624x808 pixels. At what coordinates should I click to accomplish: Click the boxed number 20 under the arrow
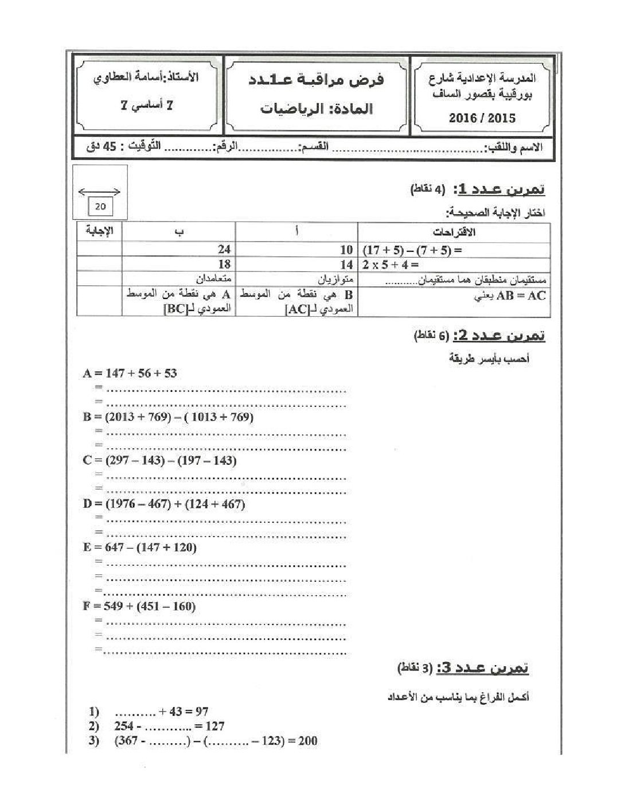(100, 207)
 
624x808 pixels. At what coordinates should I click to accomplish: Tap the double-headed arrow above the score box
(100, 192)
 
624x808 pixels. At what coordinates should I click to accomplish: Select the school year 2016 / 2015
(482, 118)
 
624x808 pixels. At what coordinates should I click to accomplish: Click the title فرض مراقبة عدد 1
(317, 80)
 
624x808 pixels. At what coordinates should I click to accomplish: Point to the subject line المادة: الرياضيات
(317, 108)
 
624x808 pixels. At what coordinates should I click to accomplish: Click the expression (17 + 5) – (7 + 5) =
(412, 250)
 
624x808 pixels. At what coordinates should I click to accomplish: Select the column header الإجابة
(100, 231)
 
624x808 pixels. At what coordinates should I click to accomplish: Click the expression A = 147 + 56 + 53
(130, 373)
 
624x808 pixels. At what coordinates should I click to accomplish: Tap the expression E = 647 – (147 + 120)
(139, 547)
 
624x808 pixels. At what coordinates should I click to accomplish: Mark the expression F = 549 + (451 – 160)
(139, 606)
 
